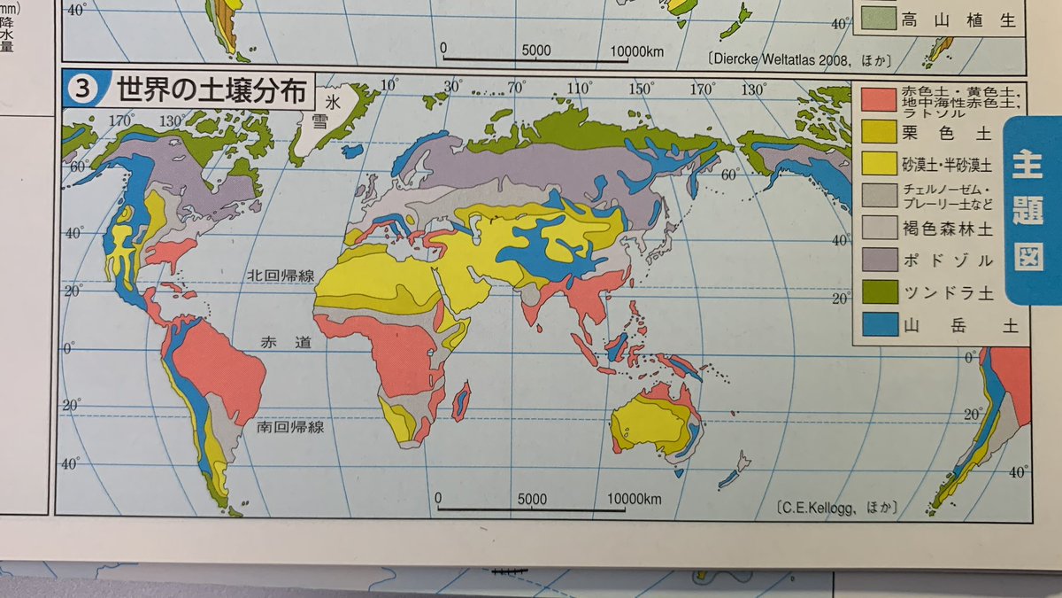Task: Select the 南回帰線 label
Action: (290, 427)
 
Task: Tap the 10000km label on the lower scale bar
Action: (635, 499)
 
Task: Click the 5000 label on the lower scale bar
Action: (534, 499)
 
